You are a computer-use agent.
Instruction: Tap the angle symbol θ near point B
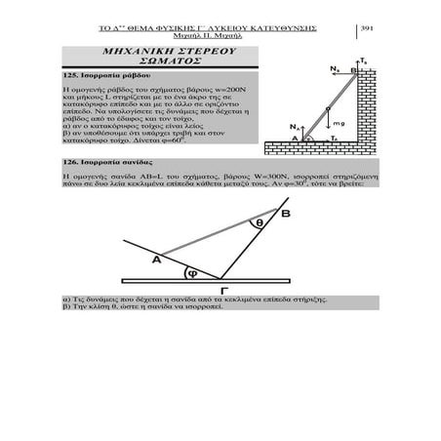coord(259,223)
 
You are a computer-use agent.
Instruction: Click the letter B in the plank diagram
coord(285,213)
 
